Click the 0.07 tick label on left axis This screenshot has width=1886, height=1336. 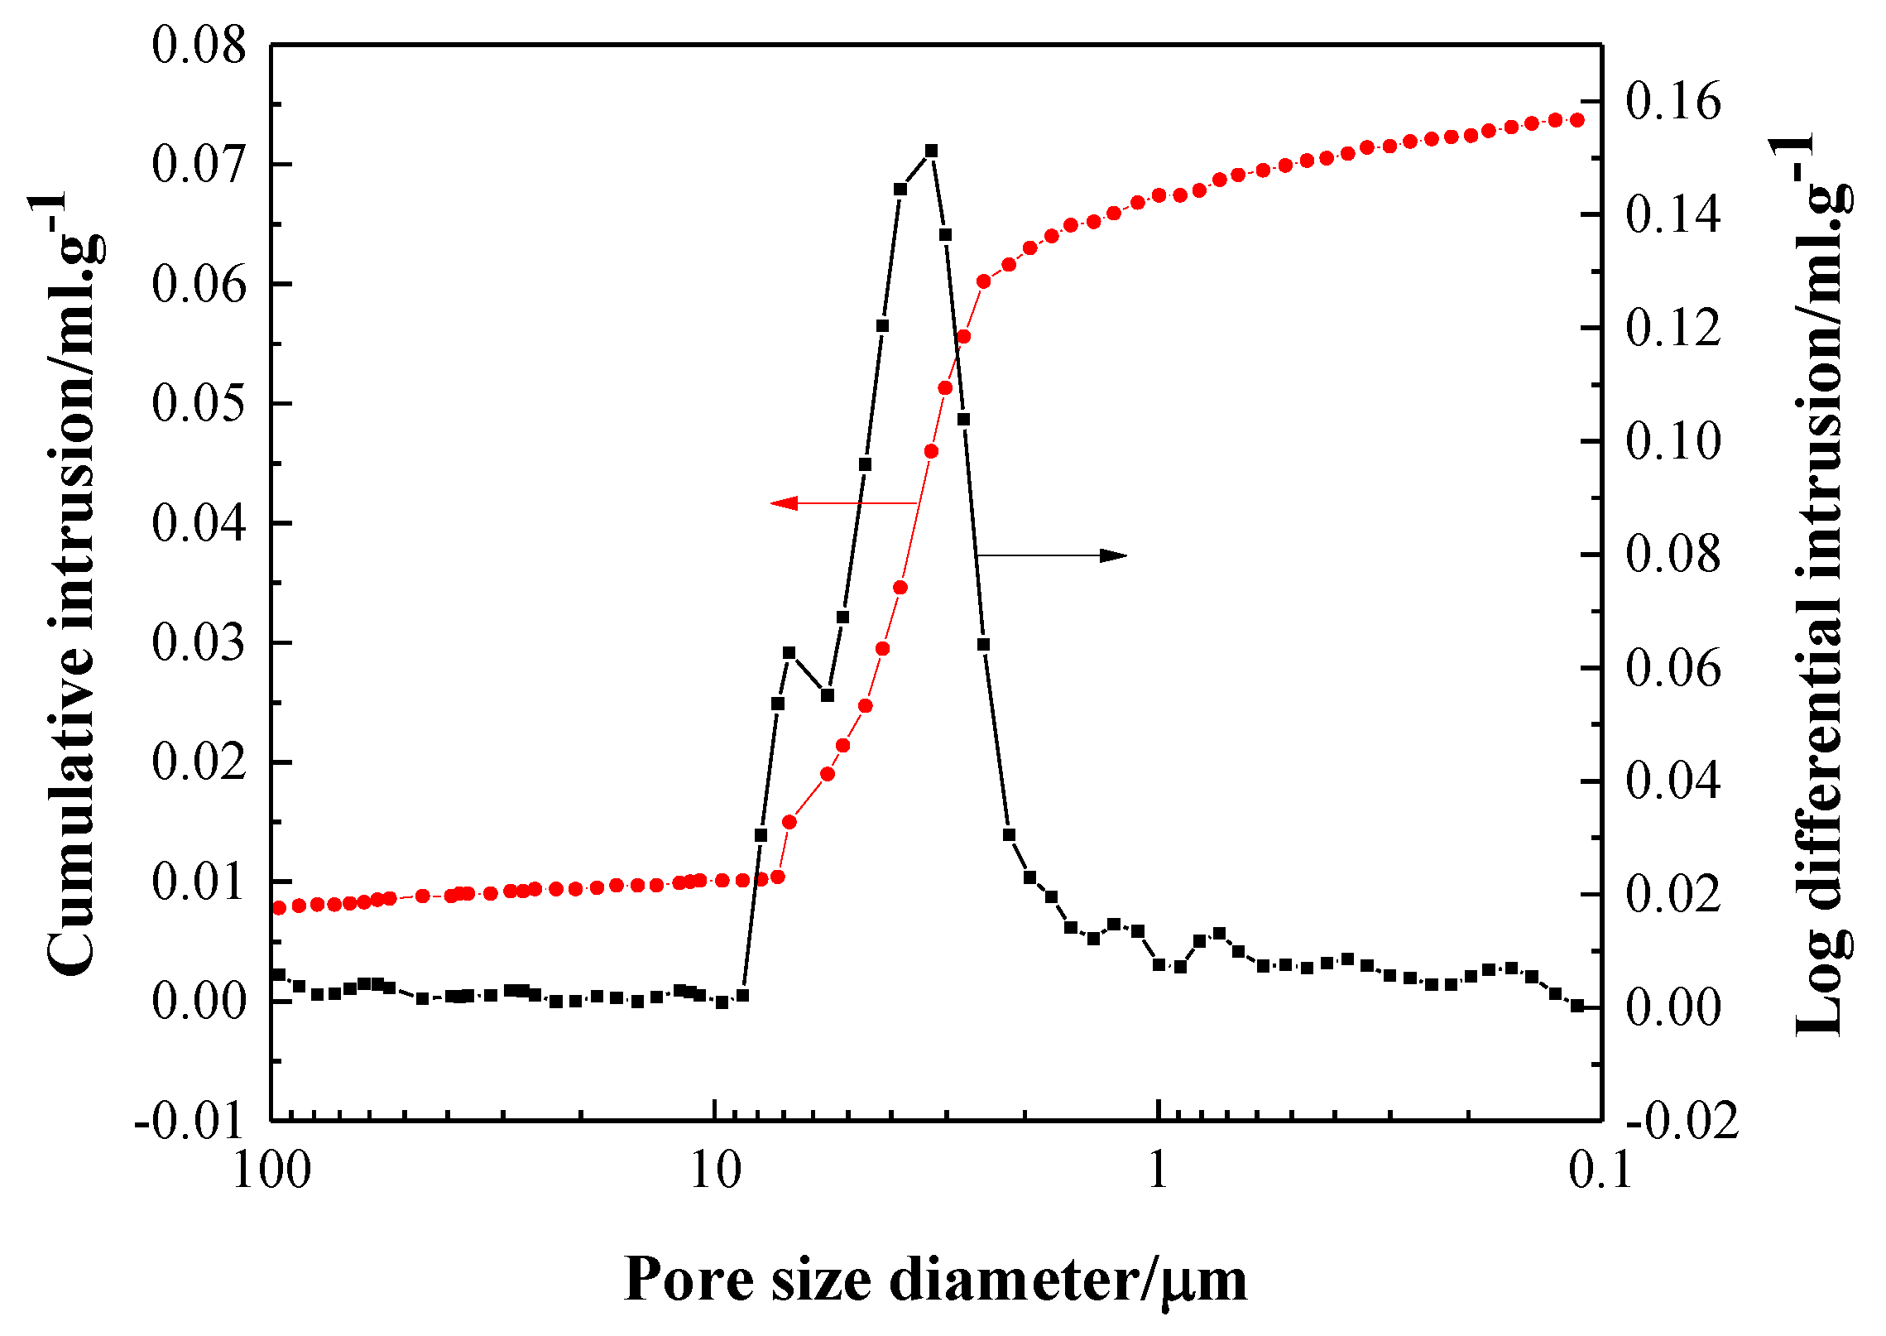pos(199,164)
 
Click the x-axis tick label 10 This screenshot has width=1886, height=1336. pos(715,1170)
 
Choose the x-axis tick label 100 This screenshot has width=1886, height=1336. pos(271,1170)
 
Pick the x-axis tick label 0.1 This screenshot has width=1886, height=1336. pos(1600,1170)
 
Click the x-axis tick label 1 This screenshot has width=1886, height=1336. pos(1159,1170)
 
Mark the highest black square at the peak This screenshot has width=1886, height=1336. pos(931,151)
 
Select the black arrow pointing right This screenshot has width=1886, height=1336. pos(1112,555)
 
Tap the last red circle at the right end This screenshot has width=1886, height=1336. pos(1577,120)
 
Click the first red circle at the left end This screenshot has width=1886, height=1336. pos(279,908)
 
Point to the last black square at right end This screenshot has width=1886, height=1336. pos(1577,1006)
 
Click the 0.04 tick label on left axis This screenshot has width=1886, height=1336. pos(199,523)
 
